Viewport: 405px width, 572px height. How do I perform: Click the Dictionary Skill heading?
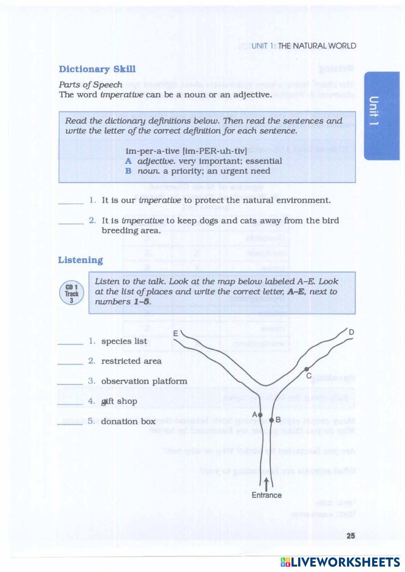click(97, 69)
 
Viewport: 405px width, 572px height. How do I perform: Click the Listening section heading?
click(80, 260)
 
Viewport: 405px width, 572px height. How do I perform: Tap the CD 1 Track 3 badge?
click(71, 293)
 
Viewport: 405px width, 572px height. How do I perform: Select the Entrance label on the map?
click(266, 495)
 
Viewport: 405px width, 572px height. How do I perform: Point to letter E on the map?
click(176, 333)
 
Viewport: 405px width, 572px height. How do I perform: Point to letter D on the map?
click(351, 332)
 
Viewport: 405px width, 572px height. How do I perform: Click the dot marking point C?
click(306, 369)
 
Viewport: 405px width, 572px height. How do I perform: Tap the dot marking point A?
click(260, 415)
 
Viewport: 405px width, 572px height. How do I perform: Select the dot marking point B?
click(272, 420)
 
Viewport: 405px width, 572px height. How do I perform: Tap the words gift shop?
click(119, 401)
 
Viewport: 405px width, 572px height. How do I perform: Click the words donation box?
click(128, 421)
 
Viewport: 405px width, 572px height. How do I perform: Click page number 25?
click(351, 536)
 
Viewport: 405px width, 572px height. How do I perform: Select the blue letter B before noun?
click(128, 171)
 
